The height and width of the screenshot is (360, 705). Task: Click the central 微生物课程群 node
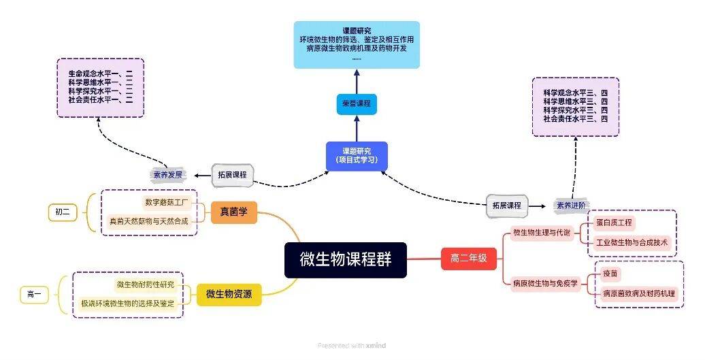coord(345,260)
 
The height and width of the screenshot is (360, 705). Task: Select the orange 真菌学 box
coord(233,213)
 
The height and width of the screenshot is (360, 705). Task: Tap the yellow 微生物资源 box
coord(229,295)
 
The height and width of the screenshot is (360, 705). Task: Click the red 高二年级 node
coord(469,259)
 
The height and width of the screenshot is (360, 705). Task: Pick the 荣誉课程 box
coord(356,104)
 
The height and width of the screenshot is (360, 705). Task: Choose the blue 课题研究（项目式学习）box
coord(356,156)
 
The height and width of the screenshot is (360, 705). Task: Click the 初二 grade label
coord(62,212)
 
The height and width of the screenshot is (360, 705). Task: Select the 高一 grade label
coord(35,295)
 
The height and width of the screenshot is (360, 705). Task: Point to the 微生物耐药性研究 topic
coord(145,284)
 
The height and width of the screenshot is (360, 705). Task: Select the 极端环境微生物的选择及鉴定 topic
coord(127,304)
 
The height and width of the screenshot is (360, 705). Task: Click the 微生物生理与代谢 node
coord(541,233)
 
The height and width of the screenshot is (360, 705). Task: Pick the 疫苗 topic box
coord(610,274)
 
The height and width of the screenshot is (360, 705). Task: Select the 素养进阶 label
coord(572,205)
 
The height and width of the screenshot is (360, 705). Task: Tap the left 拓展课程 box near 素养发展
coord(232,175)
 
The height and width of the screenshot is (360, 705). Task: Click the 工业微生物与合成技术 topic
coord(632,242)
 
